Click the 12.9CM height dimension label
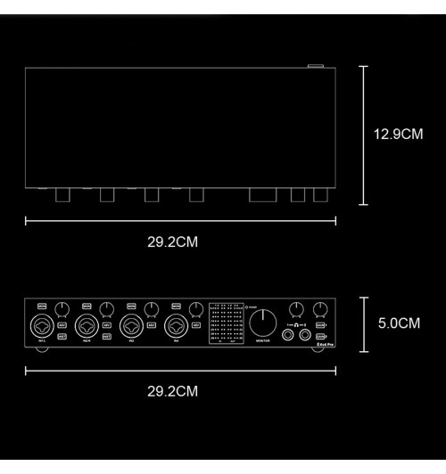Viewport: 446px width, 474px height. click(397, 135)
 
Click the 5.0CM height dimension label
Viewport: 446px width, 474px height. click(399, 323)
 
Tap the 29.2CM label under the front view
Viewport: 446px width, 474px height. click(172, 390)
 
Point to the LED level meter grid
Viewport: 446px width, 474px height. click(225, 323)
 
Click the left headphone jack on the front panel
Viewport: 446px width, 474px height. click(289, 336)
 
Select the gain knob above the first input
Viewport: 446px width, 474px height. click(61, 308)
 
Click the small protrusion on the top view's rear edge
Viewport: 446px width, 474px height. click(315, 65)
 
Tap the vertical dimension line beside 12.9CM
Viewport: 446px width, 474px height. click(363, 135)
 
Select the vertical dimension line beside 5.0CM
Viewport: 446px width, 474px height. click(363, 323)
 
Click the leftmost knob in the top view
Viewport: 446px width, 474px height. click(63, 194)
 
